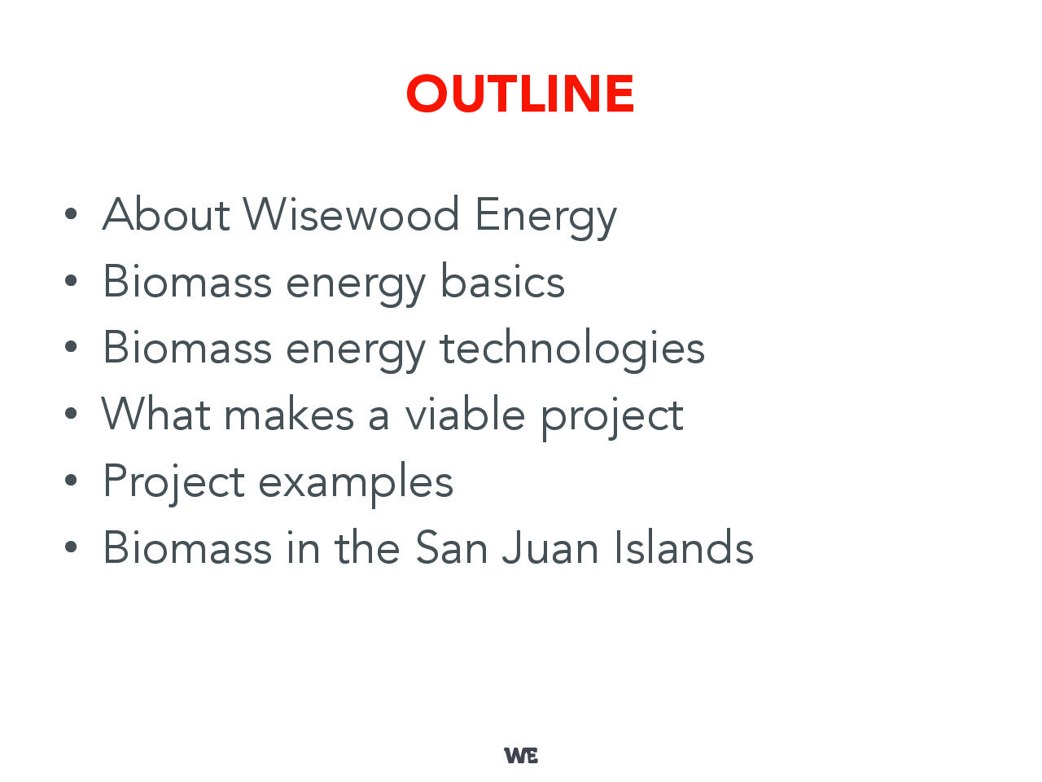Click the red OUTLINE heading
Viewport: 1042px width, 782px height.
pos(520,94)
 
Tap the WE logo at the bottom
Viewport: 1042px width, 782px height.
pos(521,755)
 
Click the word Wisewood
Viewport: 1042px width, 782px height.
pos(351,214)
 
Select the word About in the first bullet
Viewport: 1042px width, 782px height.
pos(166,213)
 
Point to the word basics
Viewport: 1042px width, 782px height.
pos(502,280)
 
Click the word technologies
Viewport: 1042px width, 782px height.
pos(572,350)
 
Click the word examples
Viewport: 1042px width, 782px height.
pos(356,483)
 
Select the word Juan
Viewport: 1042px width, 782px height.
pos(549,547)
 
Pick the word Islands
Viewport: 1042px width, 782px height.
pos(684,547)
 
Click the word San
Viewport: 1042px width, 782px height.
pos(451,547)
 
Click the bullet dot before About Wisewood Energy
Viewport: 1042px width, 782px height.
pos(71,214)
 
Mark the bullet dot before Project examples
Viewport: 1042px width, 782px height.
pos(71,480)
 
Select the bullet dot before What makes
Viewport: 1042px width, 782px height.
pos(71,414)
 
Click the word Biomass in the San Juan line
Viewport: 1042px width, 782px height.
pos(187,547)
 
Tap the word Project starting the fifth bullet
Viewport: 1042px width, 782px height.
pos(173,483)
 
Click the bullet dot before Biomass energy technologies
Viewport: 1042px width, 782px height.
pos(71,347)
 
